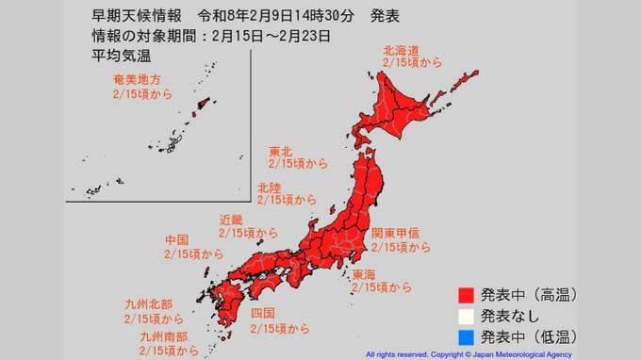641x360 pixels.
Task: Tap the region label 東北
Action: [281, 151]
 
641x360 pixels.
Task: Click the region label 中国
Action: [178, 240]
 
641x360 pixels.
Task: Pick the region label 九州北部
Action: [147, 304]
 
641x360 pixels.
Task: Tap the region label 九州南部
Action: [163, 335]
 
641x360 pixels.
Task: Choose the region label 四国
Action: [263, 313]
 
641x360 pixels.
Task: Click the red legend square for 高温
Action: [462, 296]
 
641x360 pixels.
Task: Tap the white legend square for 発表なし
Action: [462, 316]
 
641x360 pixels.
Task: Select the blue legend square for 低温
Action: [462, 335]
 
